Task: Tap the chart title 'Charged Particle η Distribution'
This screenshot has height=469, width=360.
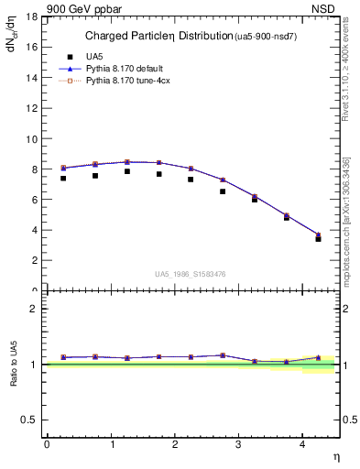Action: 152,37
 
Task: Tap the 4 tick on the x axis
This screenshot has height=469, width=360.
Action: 303,444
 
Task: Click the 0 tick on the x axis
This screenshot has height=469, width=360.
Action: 47,444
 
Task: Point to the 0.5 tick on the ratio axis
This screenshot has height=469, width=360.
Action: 29,420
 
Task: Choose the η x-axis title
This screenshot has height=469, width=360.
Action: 335,455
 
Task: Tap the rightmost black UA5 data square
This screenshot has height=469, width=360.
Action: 319,238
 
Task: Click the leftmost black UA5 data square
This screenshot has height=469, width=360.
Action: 63,178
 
